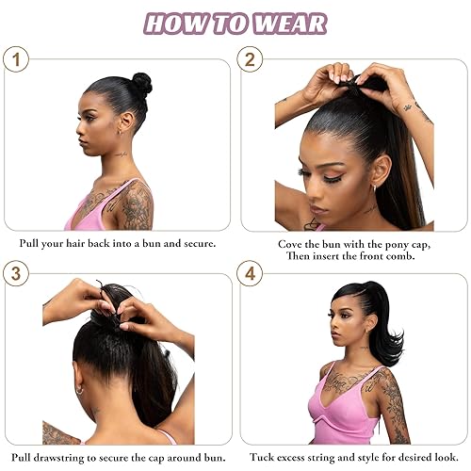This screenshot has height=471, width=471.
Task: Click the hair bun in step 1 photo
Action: pos(141,84)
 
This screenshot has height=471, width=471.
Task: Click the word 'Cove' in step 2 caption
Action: pos(293,243)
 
